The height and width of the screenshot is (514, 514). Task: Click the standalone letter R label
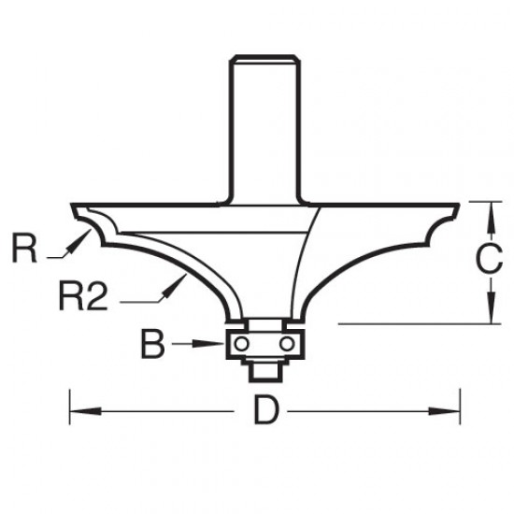tap(26, 250)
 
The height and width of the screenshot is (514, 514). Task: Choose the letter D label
tap(264, 412)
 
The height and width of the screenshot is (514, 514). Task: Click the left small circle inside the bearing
tap(242, 344)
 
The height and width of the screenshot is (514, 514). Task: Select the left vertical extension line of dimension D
tap(70, 402)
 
